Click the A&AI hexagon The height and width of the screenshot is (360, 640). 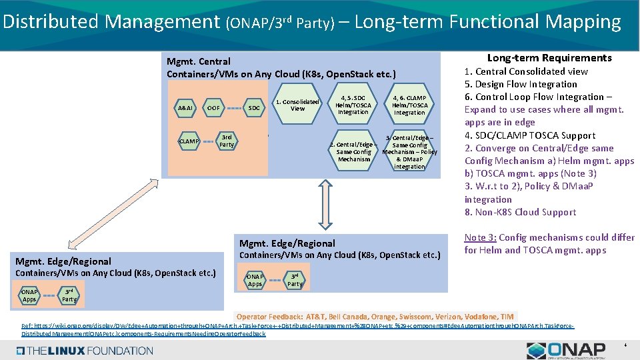(185, 108)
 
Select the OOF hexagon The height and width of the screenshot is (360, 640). (213, 108)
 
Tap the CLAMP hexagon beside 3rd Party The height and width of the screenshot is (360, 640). (189, 141)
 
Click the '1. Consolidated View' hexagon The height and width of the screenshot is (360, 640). (297, 105)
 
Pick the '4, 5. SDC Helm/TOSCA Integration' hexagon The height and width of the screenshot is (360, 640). (353, 105)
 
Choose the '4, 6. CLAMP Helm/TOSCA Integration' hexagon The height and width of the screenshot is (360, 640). (409, 105)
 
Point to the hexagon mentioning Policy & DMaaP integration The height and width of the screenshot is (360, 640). (409, 152)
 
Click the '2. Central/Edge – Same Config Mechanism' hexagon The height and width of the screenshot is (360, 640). (354, 152)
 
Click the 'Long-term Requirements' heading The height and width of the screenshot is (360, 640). (549, 58)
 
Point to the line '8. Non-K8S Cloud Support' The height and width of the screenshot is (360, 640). (520, 212)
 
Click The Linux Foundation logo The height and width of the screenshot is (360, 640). (83, 350)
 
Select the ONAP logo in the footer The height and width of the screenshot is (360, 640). (566, 351)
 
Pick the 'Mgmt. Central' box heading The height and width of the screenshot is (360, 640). (199, 61)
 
